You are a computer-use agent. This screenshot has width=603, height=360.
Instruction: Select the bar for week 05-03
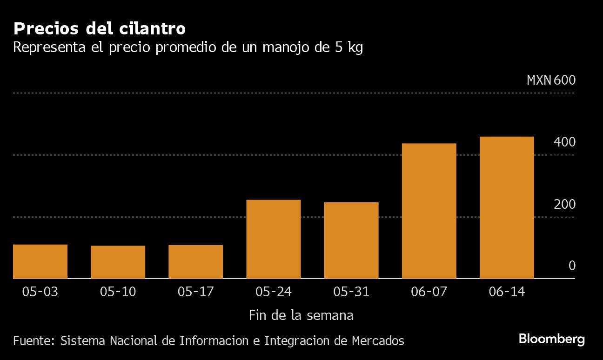tap(40, 261)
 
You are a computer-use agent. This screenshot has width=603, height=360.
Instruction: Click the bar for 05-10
tap(118, 262)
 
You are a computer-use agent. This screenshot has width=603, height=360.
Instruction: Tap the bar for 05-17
tap(195, 262)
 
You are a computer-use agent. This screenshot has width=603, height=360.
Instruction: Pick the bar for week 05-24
tap(273, 239)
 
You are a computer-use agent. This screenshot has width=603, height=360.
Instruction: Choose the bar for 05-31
tap(351, 240)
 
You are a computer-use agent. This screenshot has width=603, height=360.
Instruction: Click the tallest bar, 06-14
tap(507, 207)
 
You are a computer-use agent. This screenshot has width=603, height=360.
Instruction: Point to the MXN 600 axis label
tap(551, 80)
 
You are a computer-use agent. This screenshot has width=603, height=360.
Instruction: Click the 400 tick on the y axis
tap(564, 142)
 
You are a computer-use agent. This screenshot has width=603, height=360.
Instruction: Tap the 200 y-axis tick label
tap(564, 204)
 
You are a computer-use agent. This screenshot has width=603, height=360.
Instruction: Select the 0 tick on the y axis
tap(572, 266)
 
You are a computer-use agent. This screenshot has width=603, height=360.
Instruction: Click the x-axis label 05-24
tap(273, 292)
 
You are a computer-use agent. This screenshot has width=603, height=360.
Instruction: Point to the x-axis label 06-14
tap(507, 292)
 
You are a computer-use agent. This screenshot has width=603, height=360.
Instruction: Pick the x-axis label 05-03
tap(40, 292)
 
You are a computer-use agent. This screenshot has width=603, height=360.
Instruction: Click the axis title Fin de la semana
tap(301, 315)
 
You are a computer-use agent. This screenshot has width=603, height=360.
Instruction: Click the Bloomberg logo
tap(552, 339)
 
